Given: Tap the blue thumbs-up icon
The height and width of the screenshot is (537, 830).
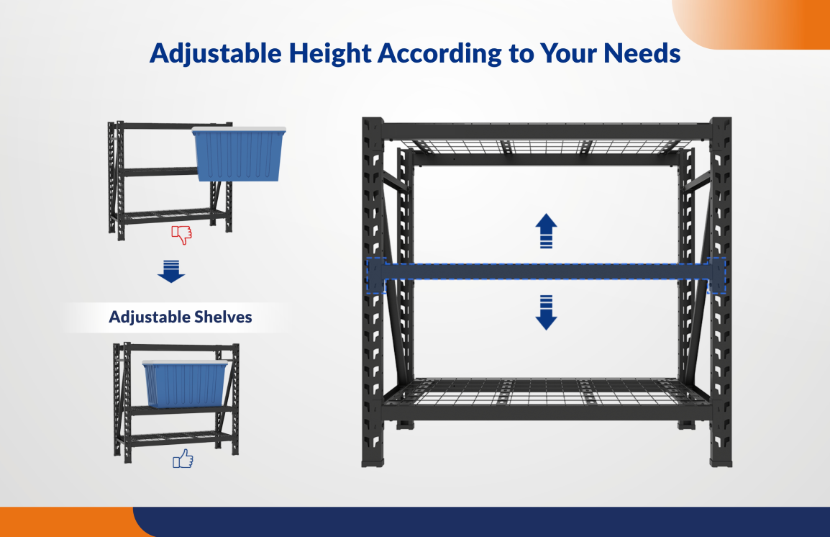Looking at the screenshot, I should [183, 459].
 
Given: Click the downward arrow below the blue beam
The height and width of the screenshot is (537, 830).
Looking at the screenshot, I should [547, 312].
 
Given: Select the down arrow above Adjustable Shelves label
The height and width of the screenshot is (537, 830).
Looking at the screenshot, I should [171, 272].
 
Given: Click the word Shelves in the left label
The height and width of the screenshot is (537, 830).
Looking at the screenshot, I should [223, 317].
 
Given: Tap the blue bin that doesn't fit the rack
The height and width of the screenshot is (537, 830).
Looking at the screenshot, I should [239, 154].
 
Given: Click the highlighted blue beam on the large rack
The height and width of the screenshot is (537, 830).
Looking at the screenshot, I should [547, 271].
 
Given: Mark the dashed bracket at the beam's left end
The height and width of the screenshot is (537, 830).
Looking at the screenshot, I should [376, 275].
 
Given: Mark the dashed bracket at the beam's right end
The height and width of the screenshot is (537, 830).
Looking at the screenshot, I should [717, 275].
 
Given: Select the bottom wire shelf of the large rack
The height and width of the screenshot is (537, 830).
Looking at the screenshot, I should [547, 392].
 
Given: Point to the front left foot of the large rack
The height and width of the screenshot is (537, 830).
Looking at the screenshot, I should [374, 459].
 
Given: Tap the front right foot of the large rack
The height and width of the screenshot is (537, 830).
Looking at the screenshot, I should [721, 459].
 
